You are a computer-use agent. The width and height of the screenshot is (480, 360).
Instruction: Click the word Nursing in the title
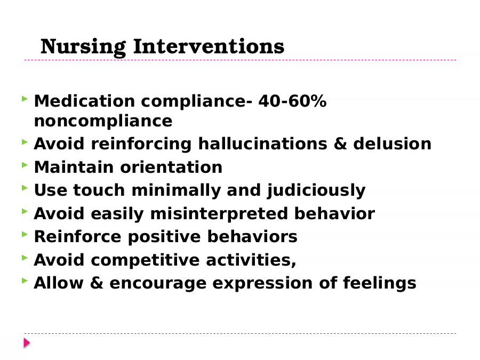click(83, 47)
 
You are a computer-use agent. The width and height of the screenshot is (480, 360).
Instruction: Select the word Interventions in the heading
click(209, 46)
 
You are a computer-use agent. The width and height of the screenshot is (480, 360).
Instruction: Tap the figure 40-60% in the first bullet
click(292, 101)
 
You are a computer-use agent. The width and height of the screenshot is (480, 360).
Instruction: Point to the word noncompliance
click(103, 121)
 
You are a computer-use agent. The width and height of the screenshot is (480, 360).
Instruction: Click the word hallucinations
click(262, 143)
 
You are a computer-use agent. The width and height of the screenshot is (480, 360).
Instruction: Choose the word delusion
click(392, 143)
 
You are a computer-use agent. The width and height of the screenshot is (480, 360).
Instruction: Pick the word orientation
click(171, 167)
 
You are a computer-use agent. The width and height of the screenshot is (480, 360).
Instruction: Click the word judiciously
click(316, 190)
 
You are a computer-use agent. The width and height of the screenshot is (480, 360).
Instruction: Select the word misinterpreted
click(219, 214)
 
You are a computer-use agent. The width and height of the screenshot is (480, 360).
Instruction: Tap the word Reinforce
click(77, 236)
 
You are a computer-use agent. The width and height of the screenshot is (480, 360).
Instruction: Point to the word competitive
click(145, 260)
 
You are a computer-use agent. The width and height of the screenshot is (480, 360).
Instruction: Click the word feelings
click(380, 283)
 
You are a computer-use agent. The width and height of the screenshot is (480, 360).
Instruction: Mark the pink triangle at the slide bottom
click(27, 343)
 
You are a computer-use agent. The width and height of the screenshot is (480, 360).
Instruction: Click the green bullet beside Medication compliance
click(25, 99)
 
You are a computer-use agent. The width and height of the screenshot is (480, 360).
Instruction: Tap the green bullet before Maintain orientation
click(25, 165)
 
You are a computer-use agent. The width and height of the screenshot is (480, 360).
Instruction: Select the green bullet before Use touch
click(25, 188)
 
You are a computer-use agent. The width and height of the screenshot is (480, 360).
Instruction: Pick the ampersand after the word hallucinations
click(340, 143)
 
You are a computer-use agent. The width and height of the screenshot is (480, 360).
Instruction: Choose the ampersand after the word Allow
click(97, 283)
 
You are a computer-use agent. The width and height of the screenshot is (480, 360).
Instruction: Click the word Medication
click(84, 101)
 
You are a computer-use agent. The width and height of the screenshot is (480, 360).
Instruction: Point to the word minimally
click(176, 190)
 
